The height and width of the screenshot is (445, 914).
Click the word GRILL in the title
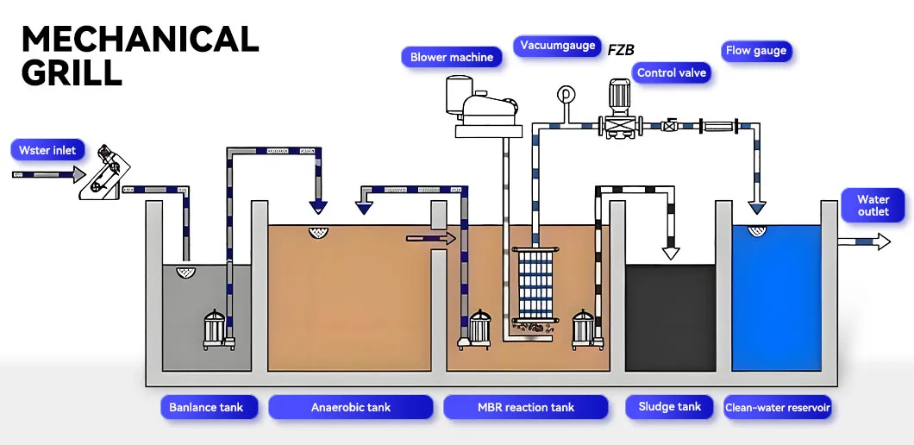pos(72,72)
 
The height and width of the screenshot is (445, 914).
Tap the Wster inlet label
pos(47,150)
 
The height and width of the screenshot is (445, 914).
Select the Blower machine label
pos(451,57)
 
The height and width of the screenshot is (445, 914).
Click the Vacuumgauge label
pos(557,46)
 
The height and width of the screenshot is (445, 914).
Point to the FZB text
pos(621,50)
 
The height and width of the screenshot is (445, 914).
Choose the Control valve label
pos(671,72)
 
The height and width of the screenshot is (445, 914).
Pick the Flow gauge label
pos(755,51)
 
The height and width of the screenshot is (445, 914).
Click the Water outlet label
pos(873,206)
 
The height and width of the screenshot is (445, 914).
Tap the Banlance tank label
pos(206,407)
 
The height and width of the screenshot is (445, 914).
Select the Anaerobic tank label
pos(350,407)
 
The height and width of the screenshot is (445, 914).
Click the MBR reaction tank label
pos(525,407)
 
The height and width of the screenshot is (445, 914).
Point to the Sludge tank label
pos(669,406)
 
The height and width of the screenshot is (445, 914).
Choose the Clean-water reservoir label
pos(777,408)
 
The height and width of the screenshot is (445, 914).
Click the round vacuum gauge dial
pos(567,93)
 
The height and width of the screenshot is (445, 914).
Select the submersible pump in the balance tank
pos(217,329)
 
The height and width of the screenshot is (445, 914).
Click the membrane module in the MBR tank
pos(533,285)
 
